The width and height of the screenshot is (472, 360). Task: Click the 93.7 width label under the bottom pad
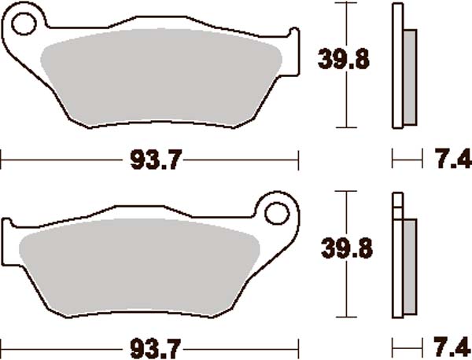[x=152, y=347]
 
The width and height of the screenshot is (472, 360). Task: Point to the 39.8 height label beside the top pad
[x=342, y=60]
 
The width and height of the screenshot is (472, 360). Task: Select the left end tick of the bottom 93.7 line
[x=2, y=347]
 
